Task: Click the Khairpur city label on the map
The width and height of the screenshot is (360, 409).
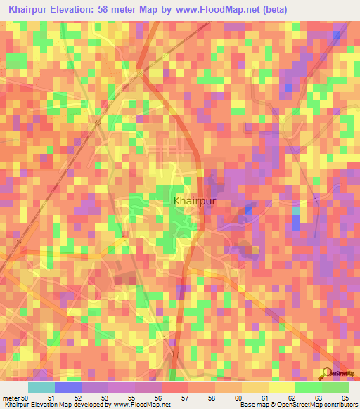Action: [193, 200]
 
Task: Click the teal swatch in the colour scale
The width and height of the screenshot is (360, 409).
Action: [41, 387]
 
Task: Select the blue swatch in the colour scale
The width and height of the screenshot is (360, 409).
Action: [68, 387]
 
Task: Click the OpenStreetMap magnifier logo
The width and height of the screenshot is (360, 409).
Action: [328, 372]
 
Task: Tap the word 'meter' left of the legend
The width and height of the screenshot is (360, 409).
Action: [9, 397]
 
